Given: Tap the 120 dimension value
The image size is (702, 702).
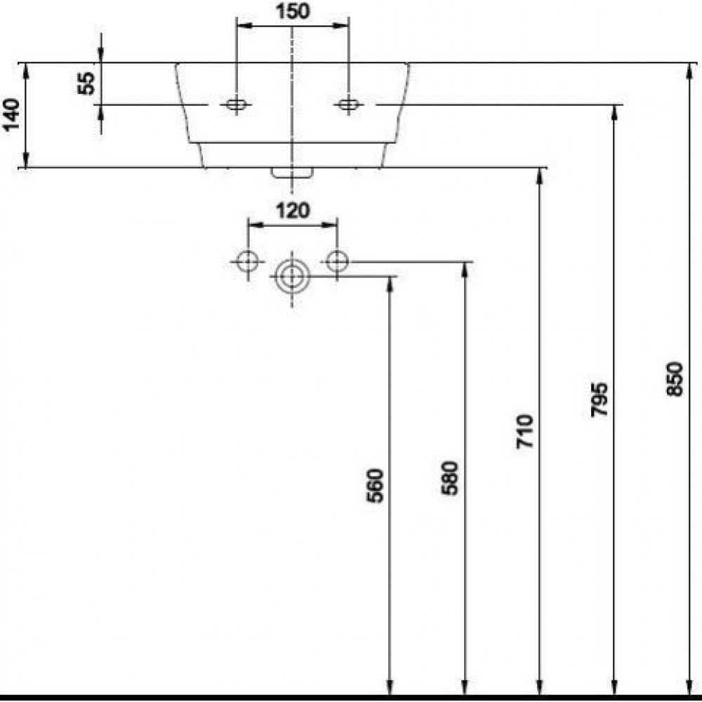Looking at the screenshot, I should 293,210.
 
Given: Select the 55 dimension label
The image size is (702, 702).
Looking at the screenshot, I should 86,84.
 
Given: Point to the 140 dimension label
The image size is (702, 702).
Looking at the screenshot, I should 12,114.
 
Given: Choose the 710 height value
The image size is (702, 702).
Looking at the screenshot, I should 526,431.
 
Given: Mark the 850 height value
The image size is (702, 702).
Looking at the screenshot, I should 675,379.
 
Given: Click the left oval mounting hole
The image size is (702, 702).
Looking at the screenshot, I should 236,105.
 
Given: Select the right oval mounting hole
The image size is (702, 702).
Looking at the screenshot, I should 347,105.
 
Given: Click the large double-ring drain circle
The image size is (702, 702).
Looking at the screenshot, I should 292,277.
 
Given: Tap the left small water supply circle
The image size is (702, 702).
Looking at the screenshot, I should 247,262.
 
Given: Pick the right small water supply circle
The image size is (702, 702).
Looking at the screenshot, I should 338,262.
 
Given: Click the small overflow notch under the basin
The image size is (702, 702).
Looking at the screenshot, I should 292,172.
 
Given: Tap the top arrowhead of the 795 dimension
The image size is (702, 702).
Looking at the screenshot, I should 615,113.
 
